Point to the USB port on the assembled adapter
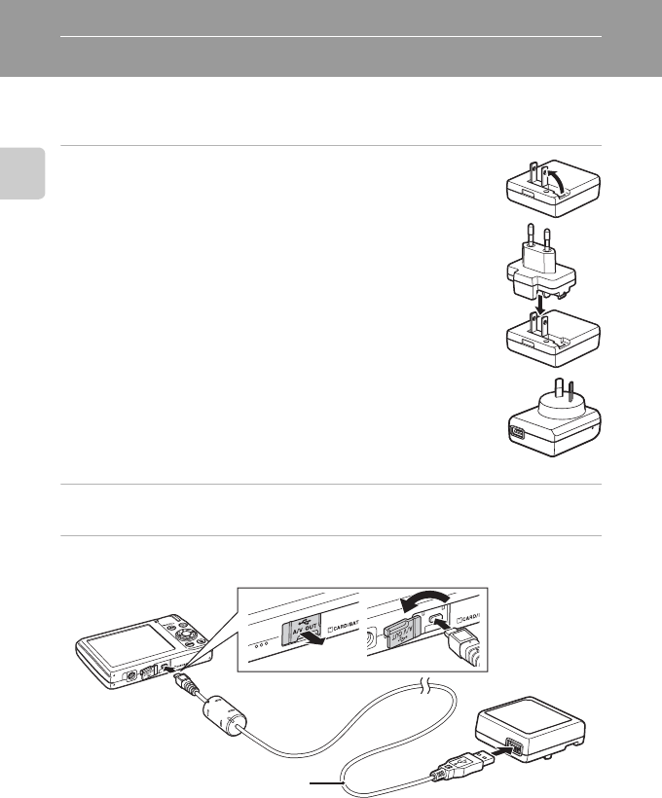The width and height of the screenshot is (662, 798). pyautogui.click(x=517, y=433)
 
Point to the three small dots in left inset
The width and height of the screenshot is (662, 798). pyautogui.click(x=261, y=643)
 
